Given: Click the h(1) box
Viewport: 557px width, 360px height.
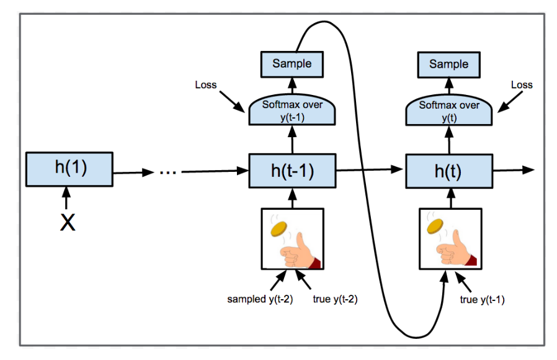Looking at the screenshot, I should point(69,169).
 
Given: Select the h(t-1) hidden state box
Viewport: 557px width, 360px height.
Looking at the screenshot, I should point(292,171).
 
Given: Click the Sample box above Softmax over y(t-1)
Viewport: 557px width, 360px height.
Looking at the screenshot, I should point(292,63).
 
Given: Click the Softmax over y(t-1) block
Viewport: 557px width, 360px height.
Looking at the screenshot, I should point(292,110).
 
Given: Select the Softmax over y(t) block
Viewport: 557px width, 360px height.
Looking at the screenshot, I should point(448,110).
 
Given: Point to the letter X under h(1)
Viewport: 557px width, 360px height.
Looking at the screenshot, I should point(67,222).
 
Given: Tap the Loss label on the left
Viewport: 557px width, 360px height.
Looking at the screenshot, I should point(205,84).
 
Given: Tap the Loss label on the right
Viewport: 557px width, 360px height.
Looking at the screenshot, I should point(521,84).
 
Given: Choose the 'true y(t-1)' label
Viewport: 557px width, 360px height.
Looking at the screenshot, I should point(481,299).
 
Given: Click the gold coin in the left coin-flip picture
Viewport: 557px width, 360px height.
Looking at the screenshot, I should point(279,229).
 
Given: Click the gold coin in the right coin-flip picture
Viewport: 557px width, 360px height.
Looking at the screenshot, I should point(435,227).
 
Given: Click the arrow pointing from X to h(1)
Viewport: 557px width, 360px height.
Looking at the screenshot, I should point(67,199).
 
